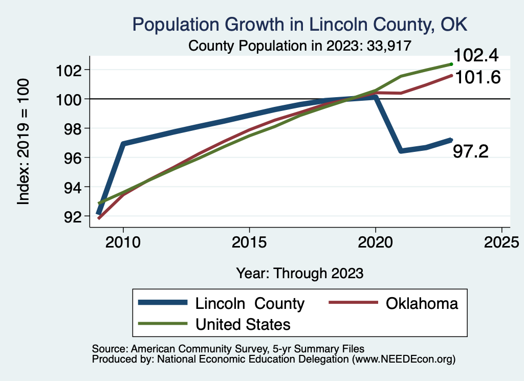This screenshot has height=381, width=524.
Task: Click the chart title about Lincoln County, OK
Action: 300,24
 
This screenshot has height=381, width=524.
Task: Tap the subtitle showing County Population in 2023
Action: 300,46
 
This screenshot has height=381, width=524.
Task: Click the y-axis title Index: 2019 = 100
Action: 24,142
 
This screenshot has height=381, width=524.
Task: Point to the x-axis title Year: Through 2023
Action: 300,273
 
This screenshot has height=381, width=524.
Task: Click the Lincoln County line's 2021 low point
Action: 401,151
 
